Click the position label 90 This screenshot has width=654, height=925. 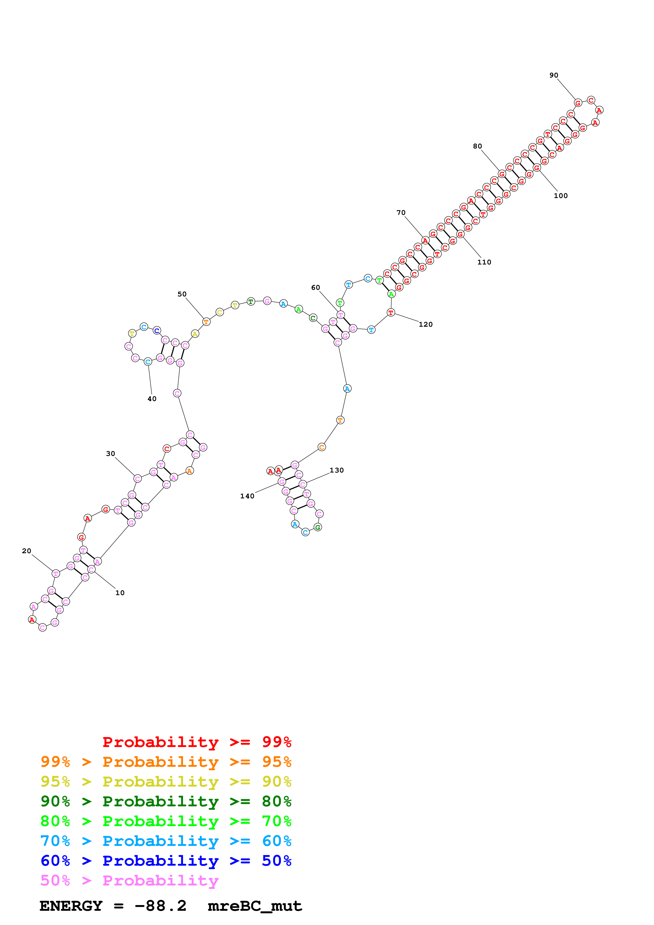coord(554,75)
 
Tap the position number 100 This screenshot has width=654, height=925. coord(561,196)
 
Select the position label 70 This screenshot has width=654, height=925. coord(401,213)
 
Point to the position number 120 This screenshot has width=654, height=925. coord(426,324)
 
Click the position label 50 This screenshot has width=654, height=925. coord(182,294)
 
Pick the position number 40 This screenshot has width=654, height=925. coord(152,399)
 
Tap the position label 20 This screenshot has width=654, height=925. coord(27,551)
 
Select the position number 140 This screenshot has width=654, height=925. coord(247,496)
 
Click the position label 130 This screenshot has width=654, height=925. coord(336,470)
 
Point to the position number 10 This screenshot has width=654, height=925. coord(120,593)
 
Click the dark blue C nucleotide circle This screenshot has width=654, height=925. coord(157,331)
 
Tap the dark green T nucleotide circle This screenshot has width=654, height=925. coord(251,301)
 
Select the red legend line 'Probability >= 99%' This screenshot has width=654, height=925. coord(197,742)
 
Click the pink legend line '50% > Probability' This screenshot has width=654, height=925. coord(129,881)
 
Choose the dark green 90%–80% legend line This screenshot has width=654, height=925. coord(166,801)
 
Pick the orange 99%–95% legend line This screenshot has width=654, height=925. coord(166,762)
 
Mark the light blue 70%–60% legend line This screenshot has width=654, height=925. coord(166,841)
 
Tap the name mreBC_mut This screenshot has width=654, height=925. coord(255,906)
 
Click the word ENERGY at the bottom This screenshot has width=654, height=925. coord(71,906)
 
